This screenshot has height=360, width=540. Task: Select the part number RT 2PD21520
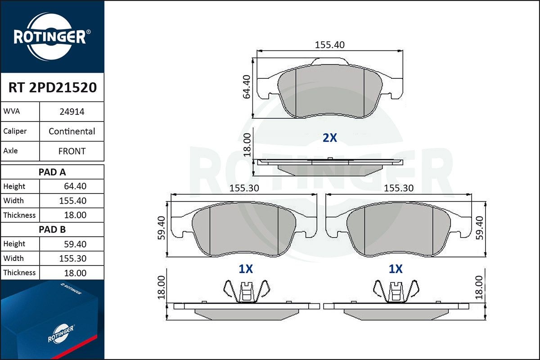[x=52, y=88]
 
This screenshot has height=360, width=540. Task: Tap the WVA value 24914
[x=72, y=112]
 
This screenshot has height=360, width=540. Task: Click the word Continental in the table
[x=72, y=131]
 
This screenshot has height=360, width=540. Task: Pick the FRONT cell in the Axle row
[x=72, y=151]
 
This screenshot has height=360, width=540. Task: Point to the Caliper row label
[x=15, y=131]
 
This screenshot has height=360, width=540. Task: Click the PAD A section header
[x=52, y=172]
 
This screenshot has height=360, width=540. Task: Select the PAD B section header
[x=52, y=229]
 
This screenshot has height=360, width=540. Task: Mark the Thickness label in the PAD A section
[x=19, y=215]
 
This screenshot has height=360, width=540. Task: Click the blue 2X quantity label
[x=329, y=138]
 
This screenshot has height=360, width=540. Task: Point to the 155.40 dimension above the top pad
[x=329, y=45]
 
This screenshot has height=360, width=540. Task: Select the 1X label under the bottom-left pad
[x=246, y=269]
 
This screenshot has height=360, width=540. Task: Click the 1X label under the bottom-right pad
[x=396, y=269]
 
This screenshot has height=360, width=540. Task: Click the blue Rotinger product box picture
[x=52, y=320]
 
